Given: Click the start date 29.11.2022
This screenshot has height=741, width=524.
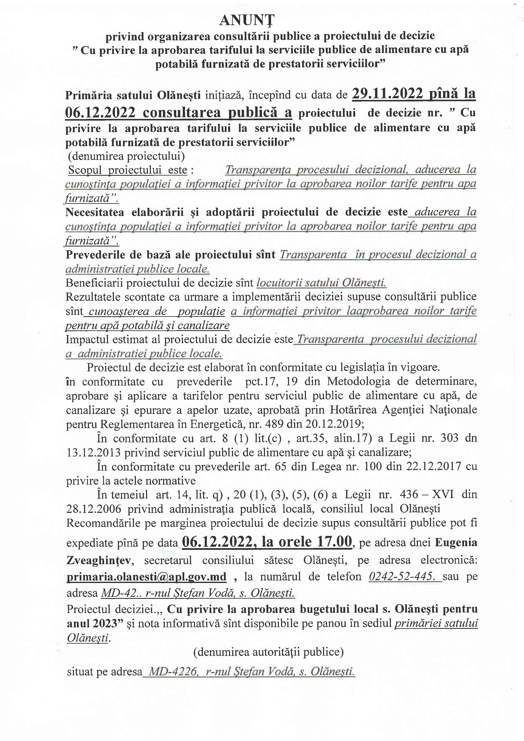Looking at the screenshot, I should [388, 94].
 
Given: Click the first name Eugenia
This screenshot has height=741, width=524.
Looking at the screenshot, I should [456, 542].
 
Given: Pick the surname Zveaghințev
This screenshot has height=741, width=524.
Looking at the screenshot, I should [98, 560].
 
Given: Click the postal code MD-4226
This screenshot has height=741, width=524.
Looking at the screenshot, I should [173, 672].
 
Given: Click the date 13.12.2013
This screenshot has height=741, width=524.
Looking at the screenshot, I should [94, 452].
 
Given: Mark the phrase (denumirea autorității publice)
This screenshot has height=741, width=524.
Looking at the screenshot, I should [268, 652].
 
